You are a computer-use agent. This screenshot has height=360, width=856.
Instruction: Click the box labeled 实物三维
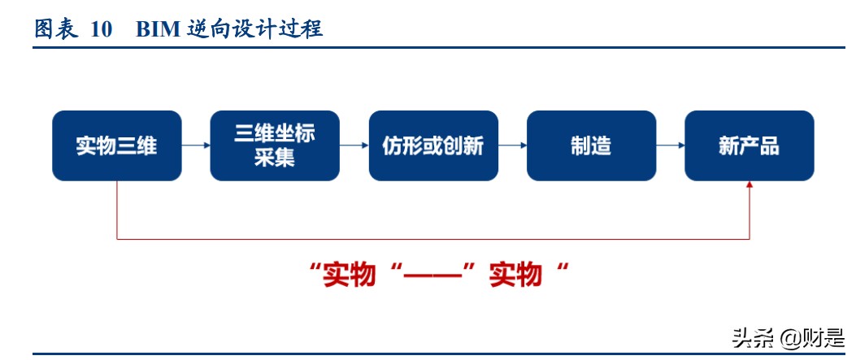point(117,146)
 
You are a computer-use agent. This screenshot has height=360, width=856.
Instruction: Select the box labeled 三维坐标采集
point(275,146)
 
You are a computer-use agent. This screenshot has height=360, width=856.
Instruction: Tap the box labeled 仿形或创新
point(432,146)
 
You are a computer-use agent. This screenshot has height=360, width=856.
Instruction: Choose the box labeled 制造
point(591,146)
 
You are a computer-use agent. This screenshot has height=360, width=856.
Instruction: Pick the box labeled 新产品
point(749,146)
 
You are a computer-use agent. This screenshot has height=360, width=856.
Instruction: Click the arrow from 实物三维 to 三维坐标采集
point(195,146)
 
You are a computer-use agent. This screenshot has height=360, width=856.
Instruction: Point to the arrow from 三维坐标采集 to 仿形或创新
point(354,146)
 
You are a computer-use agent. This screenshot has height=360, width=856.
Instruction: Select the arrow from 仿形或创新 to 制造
point(512,146)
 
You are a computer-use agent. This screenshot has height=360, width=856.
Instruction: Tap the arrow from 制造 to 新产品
point(670,146)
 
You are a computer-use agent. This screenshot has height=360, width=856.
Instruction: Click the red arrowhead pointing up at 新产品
point(749,186)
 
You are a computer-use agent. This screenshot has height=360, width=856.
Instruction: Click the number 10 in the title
point(101,30)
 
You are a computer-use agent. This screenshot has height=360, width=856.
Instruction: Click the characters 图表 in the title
point(55,30)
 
